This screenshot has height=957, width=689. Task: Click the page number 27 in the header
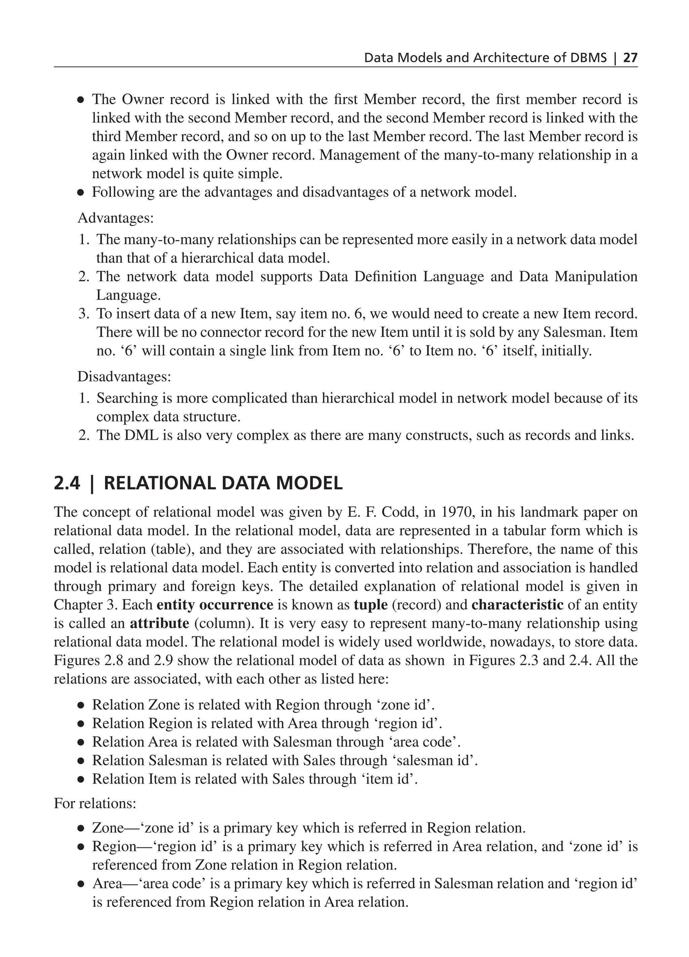point(630,58)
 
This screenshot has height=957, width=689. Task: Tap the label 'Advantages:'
point(116,218)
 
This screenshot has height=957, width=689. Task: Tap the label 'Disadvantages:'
point(124,376)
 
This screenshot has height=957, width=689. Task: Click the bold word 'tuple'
point(370,605)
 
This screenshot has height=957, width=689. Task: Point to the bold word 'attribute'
point(159,623)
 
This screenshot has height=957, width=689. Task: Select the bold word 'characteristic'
point(517,605)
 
